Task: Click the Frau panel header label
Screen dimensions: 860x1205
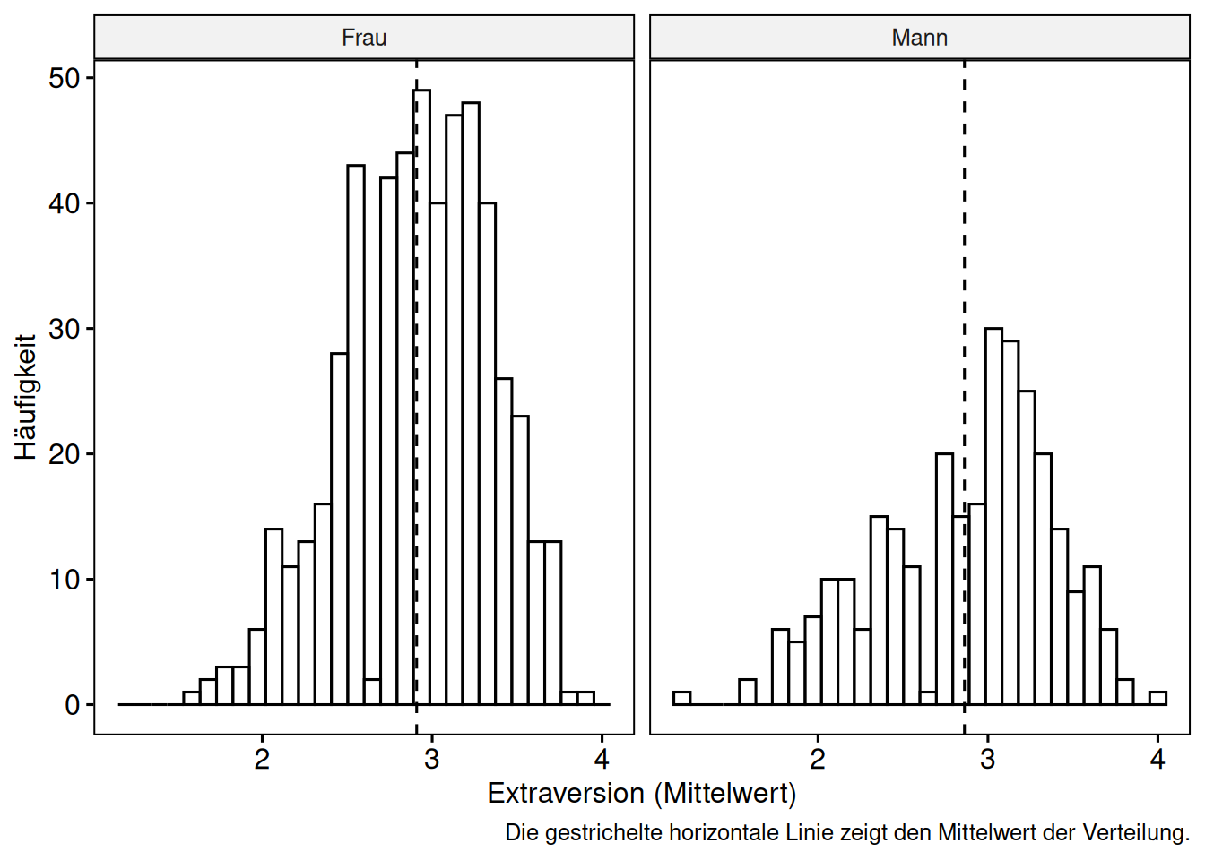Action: [364, 38]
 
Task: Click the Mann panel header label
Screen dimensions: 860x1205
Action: [919, 38]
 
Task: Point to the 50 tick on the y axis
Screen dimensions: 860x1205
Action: [65, 79]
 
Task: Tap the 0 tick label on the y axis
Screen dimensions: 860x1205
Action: [73, 706]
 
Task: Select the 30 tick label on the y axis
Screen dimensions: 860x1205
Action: [65, 330]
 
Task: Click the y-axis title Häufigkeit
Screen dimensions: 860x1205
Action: [25, 397]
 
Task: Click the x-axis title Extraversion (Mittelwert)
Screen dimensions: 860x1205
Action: [641, 794]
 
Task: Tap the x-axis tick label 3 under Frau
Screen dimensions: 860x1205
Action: [431, 760]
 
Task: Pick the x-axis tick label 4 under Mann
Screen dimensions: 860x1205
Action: [1157, 760]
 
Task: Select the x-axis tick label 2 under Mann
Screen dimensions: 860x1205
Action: [817, 760]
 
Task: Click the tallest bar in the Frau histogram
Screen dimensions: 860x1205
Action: [421, 394]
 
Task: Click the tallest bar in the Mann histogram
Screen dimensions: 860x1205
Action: [993, 515]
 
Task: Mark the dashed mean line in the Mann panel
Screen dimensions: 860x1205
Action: [964, 269]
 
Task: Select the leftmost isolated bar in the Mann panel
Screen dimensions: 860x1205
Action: [681, 699]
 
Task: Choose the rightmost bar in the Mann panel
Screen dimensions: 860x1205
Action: [1157, 699]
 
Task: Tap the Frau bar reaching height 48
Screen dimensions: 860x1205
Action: [471, 403]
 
